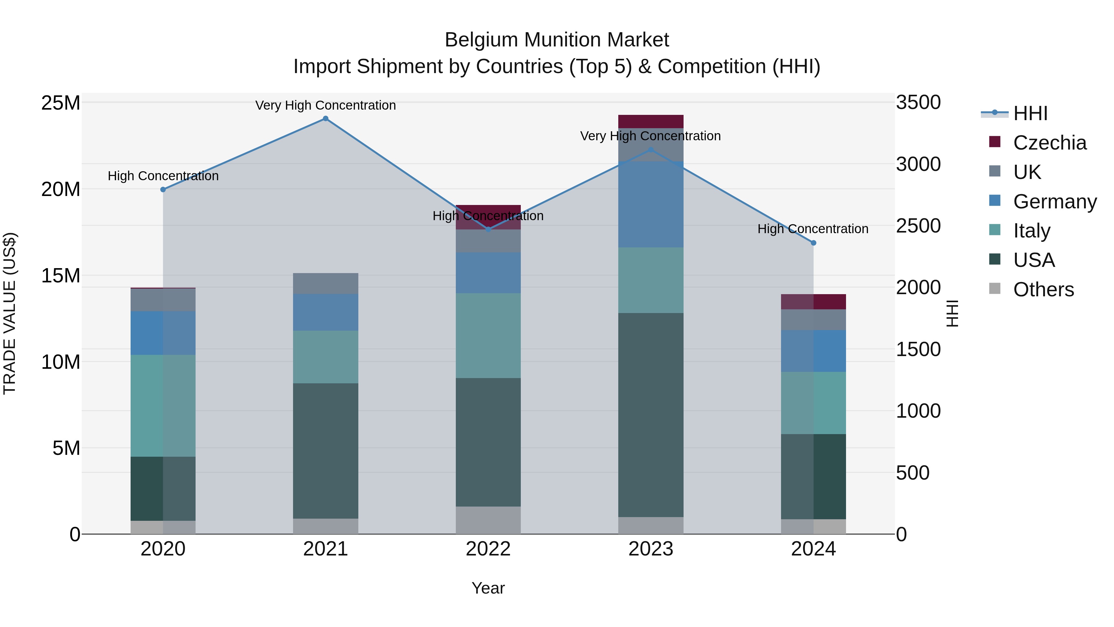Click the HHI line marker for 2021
point(326,119)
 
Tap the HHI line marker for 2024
point(814,243)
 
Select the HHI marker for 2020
point(163,189)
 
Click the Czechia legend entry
point(1050,143)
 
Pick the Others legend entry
point(1043,290)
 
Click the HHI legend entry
point(1030,113)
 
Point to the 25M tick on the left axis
point(61,103)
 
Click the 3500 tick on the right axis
point(918,102)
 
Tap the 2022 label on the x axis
point(488,549)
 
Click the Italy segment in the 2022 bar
point(488,335)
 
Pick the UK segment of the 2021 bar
point(326,283)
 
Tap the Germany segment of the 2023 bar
point(651,204)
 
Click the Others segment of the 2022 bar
point(488,520)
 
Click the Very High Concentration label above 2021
point(326,105)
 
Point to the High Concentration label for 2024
point(813,229)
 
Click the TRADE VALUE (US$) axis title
point(10,313)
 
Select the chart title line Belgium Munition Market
point(557,40)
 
